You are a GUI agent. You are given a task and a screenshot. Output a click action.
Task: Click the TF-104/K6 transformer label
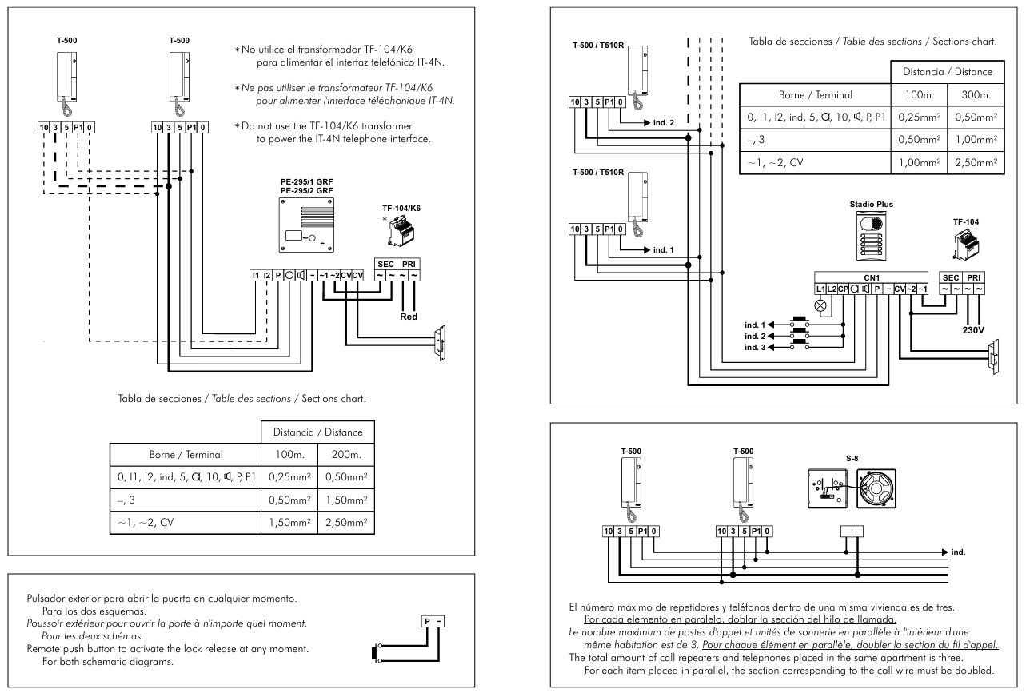(401, 209)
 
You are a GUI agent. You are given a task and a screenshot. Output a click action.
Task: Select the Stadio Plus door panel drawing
(871, 237)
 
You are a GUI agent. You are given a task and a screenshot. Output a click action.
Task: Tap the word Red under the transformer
(409, 317)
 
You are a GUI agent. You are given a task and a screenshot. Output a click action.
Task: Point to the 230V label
(973, 330)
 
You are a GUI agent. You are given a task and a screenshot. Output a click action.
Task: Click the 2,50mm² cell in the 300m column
(976, 162)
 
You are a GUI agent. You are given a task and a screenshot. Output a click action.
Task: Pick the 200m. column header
(346, 455)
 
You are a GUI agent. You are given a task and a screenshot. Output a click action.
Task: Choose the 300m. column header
(976, 95)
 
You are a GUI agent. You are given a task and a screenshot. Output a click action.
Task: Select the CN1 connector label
(871, 277)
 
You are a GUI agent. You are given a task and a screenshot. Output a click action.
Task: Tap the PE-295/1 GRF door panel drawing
(306, 225)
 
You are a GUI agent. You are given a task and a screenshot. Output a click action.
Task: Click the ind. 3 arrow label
(755, 348)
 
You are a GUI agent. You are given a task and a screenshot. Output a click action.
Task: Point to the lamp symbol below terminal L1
(820, 305)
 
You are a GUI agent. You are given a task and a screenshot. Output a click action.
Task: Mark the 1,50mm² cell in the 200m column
(346, 500)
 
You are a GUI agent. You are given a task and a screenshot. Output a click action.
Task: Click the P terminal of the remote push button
(427, 621)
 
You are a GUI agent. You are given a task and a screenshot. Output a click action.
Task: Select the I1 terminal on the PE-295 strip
(255, 275)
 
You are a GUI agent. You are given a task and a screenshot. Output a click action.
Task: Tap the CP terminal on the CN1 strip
(843, 289)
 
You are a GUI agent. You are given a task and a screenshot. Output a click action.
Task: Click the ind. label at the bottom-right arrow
(958, 552)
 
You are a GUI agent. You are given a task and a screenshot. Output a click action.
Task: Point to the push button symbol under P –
(376, 653)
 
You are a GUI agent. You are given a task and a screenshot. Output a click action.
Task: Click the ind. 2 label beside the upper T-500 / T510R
(663, 122)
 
